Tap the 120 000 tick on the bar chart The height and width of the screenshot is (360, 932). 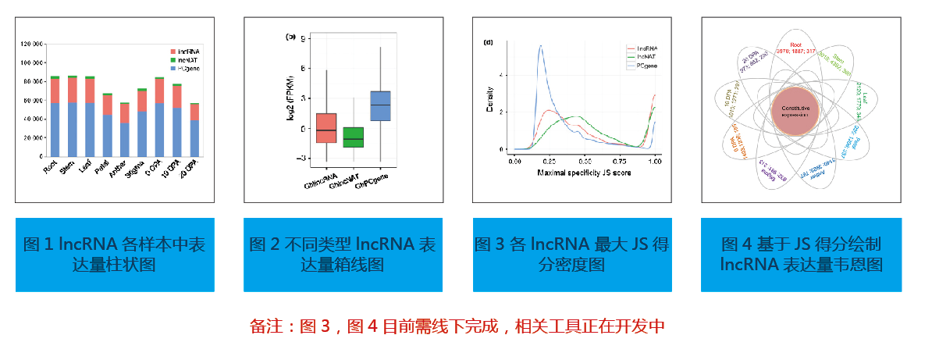tap(31, 43)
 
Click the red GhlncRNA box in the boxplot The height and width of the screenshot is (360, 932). tap(326, 128)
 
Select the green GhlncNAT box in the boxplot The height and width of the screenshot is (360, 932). tap(354, 137)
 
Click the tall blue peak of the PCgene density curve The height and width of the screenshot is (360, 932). tap(540, 48)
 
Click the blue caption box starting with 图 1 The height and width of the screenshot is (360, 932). tap(115, 255)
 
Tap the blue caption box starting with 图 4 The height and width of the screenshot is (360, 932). tap(802, 255)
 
